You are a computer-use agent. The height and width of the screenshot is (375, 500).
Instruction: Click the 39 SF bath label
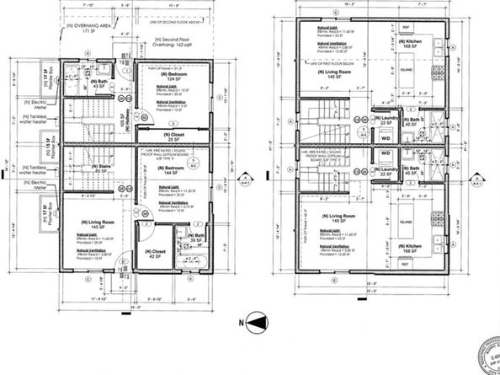[x=196, y=238]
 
